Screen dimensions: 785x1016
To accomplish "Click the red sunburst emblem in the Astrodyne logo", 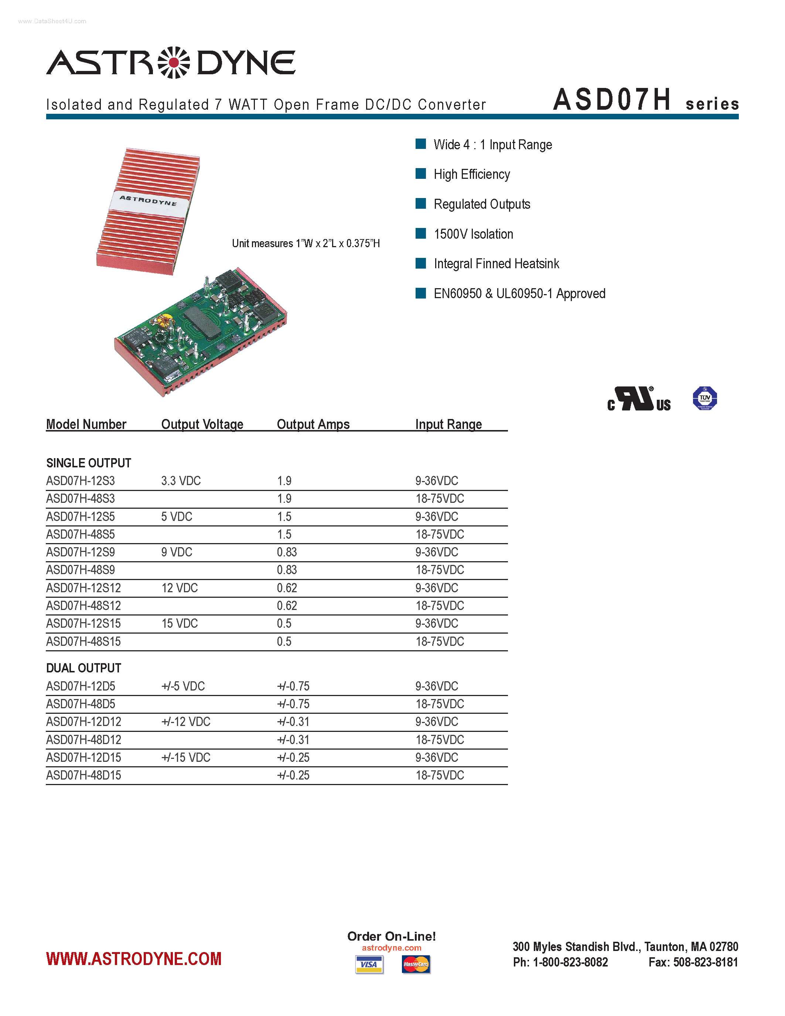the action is pos(174,62).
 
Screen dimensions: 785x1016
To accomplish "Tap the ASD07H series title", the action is pos(645,100).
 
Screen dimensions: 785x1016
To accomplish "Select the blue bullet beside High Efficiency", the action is pos(420,174).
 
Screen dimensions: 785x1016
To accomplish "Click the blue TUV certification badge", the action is pos(704,398).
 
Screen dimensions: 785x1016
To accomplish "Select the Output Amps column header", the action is pos(313,424).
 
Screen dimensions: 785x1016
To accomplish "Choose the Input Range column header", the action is pos(448,424).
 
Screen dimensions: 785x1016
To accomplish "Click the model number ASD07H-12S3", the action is pos(81,481).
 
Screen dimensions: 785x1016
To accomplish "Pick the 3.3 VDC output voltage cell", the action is pos(181,481).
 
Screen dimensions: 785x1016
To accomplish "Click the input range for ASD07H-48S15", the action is pos(440,641).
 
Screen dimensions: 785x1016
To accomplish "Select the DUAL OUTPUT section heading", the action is pos(84,668).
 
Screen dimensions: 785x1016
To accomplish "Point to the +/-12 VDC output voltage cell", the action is pos(185,722).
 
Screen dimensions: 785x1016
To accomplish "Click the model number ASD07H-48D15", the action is pos(84,775).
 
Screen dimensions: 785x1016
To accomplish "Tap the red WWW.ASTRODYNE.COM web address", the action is pos(134,959).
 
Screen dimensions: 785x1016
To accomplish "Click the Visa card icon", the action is pos(369,964).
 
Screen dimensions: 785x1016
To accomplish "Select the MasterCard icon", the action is pos(416,964).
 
